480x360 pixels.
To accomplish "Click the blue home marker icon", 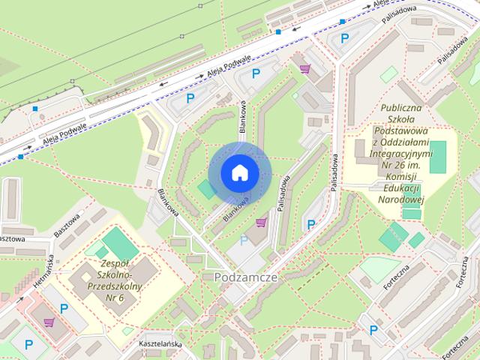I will [x=239, y=172].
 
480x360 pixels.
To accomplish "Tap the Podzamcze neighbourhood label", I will [x=246, y=277].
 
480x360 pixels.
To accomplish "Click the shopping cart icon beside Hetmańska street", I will [x=49, y=322].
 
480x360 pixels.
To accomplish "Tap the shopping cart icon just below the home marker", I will [x=261, y=222].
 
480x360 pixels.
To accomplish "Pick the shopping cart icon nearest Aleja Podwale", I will [x=304, y=68].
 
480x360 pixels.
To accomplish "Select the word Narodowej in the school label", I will [x=402, y=199].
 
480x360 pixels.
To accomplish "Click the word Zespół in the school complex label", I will [x=115, y=264].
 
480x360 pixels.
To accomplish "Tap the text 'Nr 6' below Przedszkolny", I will [x=115, y=298].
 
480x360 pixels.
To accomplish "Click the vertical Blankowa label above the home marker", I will [x=242, y=118].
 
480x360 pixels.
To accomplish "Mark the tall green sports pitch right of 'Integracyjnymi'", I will [x=438, y=154].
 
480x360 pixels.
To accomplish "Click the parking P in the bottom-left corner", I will [x=28, y=345].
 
